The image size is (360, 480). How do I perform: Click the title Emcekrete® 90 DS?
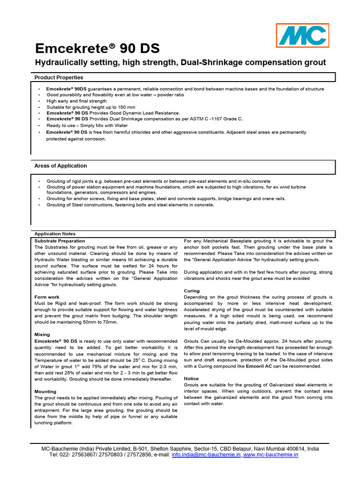[x=97, y=49]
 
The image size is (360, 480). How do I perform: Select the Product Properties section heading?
[x=59, y=77]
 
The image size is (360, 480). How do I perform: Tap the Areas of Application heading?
[x=60, y=166]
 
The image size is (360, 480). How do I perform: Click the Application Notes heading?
[x=55, y=234]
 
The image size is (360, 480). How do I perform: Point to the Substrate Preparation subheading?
[x=60, y=240]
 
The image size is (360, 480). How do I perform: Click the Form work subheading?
[x=47, y=297]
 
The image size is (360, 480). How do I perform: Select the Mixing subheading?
[x=42, y=335]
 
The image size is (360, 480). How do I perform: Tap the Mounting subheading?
[x=45, y=391]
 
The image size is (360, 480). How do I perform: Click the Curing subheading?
[x=192, y=291]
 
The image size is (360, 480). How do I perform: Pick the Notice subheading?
[x=191, y=378]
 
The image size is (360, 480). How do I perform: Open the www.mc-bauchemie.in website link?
[x=270, y=455]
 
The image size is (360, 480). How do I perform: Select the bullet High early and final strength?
[x=76, y=101]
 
